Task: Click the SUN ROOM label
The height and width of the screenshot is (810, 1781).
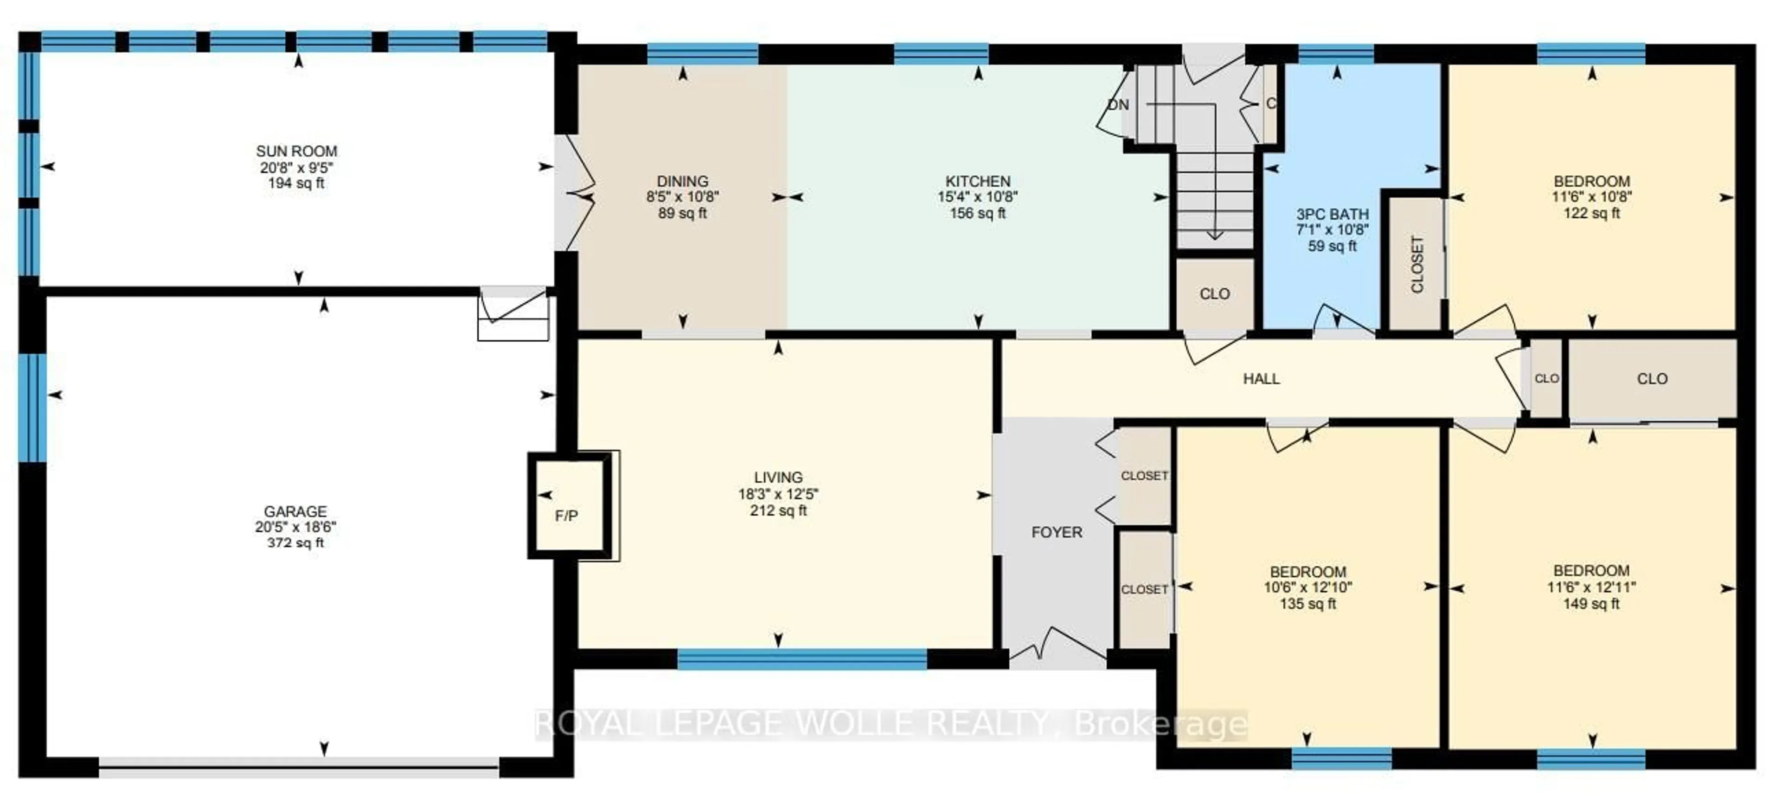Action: point(297,151)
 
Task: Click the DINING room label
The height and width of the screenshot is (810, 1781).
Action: point(682,181)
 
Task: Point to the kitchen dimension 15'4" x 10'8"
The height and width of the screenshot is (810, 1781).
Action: point(978,197)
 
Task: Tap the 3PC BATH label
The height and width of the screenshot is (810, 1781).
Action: point(1333,214)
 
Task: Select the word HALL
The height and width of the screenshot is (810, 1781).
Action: point(1261,379)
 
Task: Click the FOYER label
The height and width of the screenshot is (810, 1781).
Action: point(1057,532)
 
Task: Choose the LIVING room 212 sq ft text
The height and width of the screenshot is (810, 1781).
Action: point(779,511)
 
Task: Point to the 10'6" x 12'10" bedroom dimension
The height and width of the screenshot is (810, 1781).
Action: point(1307,587)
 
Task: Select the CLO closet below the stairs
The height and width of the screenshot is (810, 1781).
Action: point(1215,294)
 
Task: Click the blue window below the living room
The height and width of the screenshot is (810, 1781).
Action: point(802,659)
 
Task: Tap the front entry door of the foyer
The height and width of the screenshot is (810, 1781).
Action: point(1058,650)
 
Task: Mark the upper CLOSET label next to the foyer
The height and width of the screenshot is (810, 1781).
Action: point(1144,476)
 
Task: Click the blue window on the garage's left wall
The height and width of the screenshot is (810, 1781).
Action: point(32,408)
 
